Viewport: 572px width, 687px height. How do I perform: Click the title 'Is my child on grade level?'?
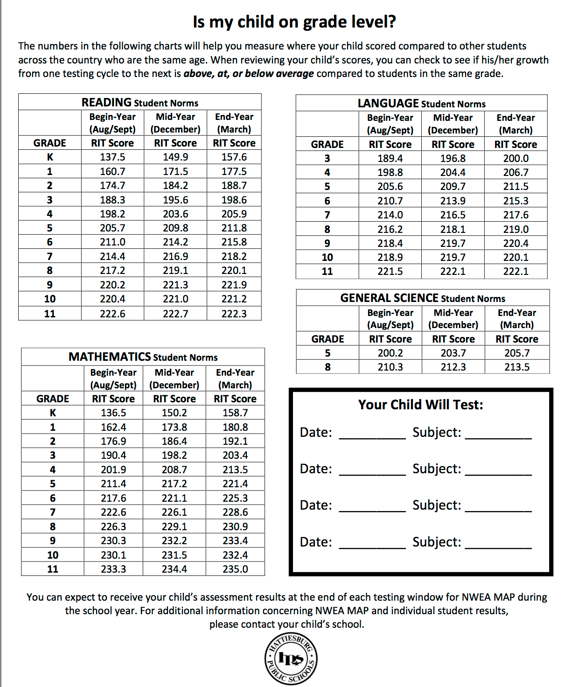(294, 22)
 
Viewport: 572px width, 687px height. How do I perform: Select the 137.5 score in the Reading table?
(112, 157)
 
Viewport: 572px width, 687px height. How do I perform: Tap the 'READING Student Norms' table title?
(140, 102)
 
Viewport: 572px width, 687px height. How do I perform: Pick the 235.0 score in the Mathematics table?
(235, 569)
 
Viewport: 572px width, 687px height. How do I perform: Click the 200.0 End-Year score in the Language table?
(516, 158)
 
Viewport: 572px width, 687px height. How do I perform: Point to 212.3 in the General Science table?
(453, 367)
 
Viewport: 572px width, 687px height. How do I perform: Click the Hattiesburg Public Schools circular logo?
(292, 659)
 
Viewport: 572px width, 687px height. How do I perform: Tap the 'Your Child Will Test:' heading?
(420, 405)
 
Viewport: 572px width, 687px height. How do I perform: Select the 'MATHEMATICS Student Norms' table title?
(143, 357)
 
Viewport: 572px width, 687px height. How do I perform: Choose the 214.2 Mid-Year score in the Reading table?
(175, 242)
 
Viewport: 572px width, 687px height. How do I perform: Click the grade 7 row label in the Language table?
(327, 215)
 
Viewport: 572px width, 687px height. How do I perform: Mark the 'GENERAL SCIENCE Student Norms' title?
(423, 298)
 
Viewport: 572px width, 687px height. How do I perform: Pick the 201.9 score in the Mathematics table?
(113, 470)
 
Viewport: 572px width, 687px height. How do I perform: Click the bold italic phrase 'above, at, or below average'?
(249, 74)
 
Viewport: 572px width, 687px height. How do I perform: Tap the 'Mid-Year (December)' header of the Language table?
(453, 124)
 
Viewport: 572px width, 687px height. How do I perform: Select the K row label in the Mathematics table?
(53, 413)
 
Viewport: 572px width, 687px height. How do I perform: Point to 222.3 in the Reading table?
(234, 314)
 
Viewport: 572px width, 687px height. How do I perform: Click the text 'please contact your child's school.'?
(286, 624)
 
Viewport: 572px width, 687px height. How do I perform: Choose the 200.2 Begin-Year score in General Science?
(390, 353)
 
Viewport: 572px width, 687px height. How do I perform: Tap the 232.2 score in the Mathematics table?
(174, 540)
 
